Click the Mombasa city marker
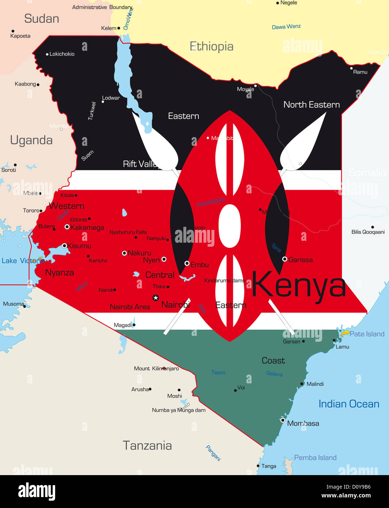click(282, 420)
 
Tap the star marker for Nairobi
click(156, 297)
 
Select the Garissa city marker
click(285, 259)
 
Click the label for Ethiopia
click(211, 46)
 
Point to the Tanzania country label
click(147, 446)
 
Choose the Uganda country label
click(31, 140)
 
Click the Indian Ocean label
click(349, 404)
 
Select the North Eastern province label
click(312, 105)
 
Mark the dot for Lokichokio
click(47, 54)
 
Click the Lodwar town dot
click(103, 102)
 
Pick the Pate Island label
click(367, 334)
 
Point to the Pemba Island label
click(315, 458)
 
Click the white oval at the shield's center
click(230, 225)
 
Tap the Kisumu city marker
click(64, 246)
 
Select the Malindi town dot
click(302, 384)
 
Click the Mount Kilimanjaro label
click(156, 368)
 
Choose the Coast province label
click(273, 361)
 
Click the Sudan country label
click(42, 19)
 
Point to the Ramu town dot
click(351, 68)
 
